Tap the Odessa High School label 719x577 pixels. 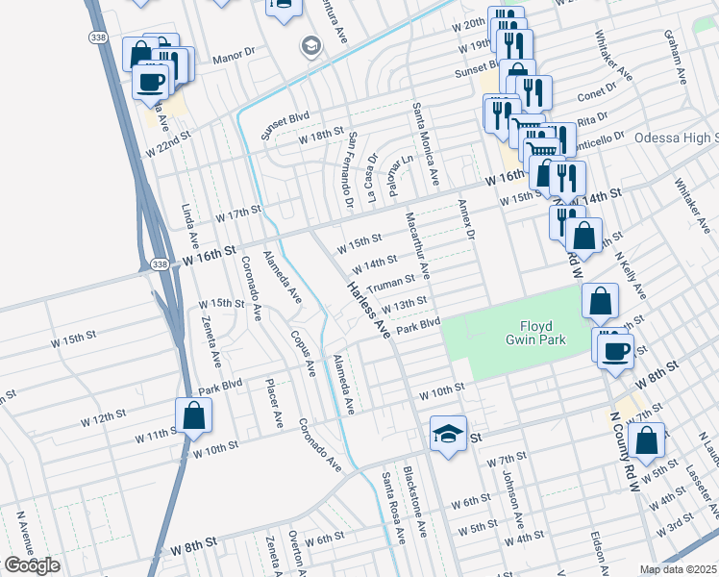676,138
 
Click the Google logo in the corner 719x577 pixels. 31,565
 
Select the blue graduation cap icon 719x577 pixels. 448,434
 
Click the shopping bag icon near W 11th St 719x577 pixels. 193,416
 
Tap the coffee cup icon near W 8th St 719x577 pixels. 615,350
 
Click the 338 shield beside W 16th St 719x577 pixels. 161,263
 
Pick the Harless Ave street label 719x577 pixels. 367,308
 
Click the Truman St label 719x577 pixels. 390,283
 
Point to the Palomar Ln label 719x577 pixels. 395,173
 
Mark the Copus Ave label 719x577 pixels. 302,354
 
